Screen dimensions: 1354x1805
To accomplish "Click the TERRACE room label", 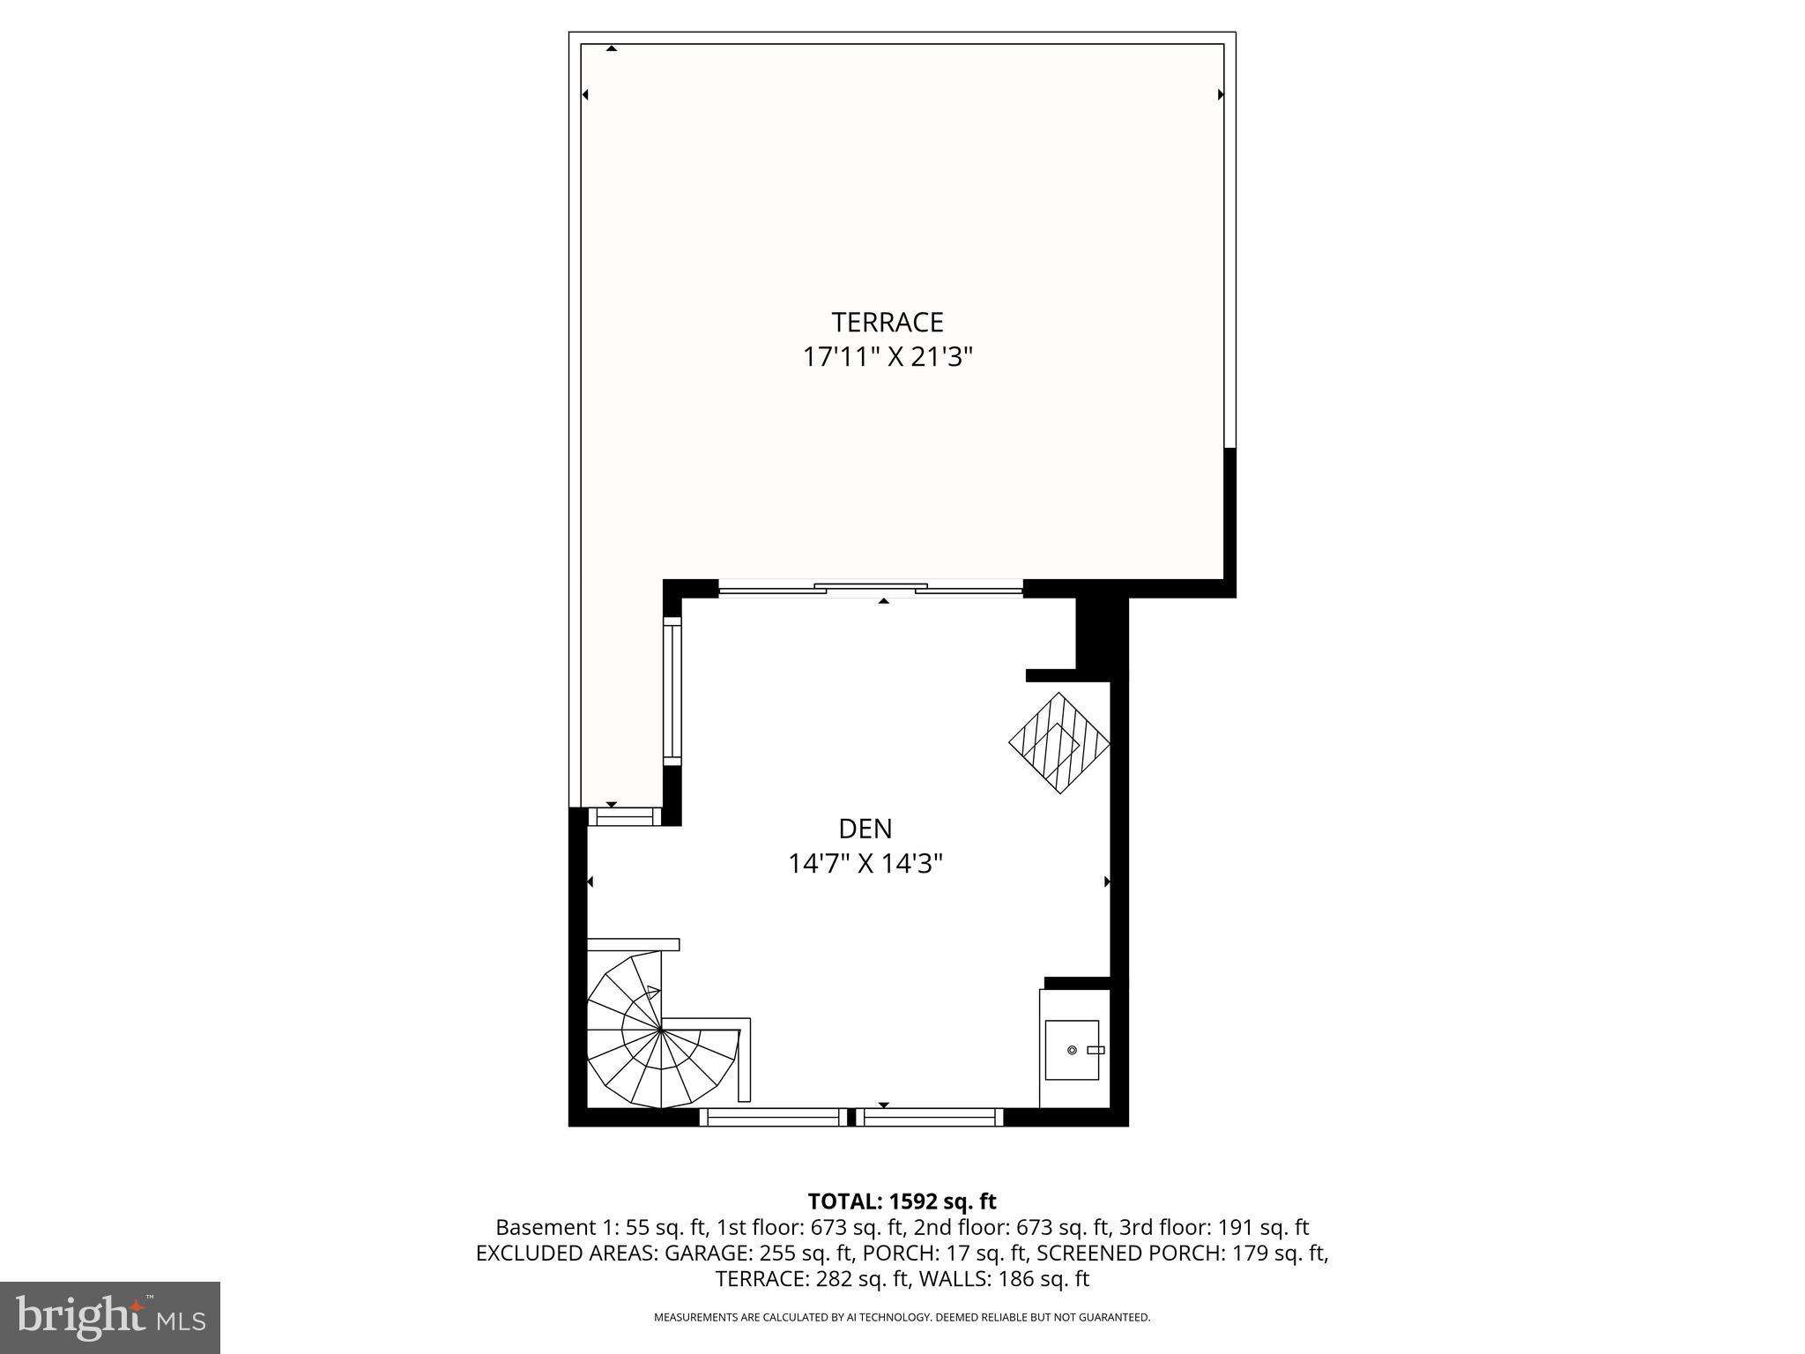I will (x=887, y=322).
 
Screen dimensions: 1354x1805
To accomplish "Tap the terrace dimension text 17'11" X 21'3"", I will (x=887, y=358).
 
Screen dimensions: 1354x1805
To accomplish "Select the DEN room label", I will (x=865, y=829).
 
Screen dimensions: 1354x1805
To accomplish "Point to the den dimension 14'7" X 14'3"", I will (x=865, y=864).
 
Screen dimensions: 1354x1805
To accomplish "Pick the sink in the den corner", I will (x=1073, y=1050).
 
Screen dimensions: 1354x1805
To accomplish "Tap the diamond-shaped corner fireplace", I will (x=1058, y=743).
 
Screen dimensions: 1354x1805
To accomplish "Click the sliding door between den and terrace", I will (x=870, y=589).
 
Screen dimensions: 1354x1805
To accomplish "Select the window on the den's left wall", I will (x=672, y=691).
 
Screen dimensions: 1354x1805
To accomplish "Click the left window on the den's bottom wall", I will (x=772, y=1118).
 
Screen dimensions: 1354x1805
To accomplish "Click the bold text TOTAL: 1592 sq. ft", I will (x=902, y=1201).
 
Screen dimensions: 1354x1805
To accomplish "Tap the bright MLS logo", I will (x=110, y=1317).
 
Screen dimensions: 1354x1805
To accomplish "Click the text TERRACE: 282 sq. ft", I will (x=799, y=1279).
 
